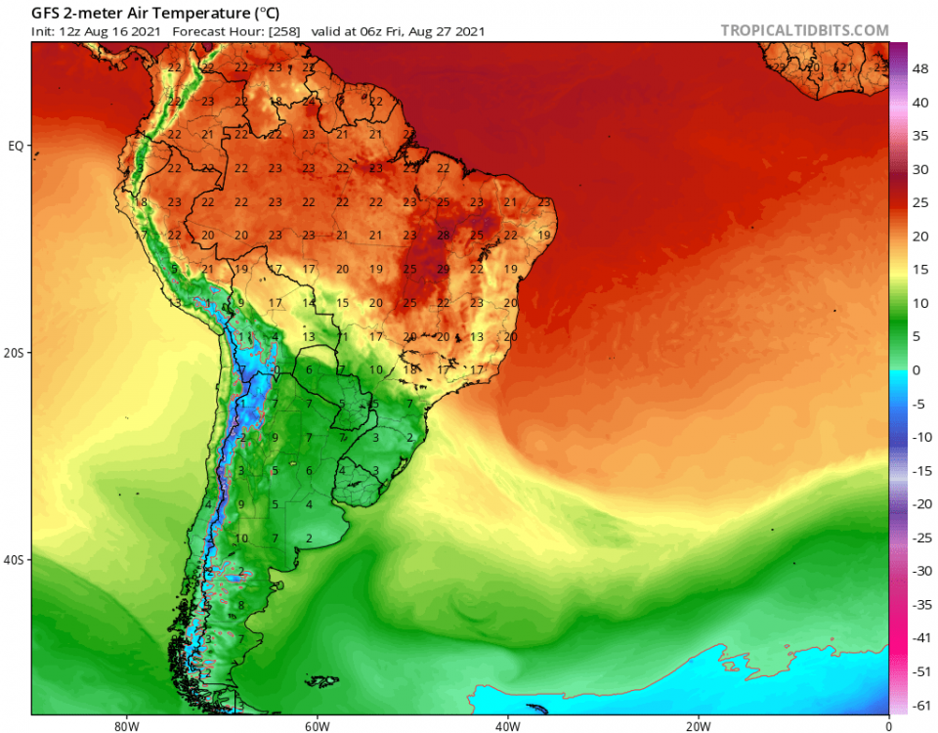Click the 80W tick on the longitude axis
pos(123,725)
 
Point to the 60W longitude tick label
pos(315,725)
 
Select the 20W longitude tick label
pos(697,725)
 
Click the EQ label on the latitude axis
pos(16,146)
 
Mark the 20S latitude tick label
pos(14,353)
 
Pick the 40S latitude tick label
pos(14,560)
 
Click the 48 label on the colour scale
pos(920,69)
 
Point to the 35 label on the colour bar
pos(920,136)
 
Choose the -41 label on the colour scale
pos(920,637)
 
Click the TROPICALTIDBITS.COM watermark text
pos(804,30)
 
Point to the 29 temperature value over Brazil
pos(443,269)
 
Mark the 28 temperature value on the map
pos(443,236)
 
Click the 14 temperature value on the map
pos(309,303)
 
